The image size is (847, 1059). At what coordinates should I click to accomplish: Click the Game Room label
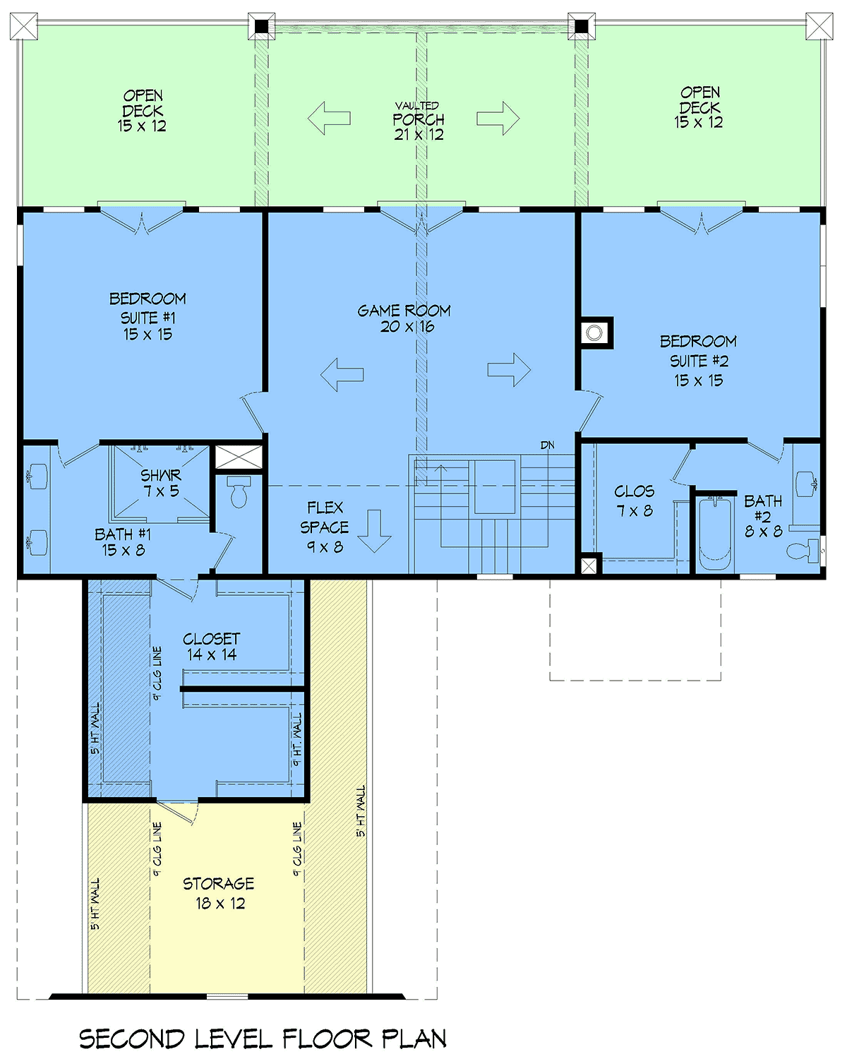pos(404,318)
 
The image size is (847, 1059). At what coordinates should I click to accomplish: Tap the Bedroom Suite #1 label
pos(148,316)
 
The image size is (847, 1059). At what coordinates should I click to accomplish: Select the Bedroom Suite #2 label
pos(698,361)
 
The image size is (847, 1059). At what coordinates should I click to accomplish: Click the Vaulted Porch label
pos(419,121)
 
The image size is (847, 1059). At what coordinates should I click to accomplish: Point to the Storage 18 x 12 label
pos(219,893)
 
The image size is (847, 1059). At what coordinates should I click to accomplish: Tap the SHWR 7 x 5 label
pos(161,483)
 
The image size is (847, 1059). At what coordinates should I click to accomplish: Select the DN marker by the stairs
pos(547,445)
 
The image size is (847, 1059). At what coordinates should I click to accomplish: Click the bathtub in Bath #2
pos(714,533)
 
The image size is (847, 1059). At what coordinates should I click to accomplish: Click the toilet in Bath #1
pos(239,491)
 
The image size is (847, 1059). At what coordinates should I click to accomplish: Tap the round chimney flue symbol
pos(594,333)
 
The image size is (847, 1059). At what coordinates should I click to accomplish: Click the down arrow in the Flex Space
pos(374,531)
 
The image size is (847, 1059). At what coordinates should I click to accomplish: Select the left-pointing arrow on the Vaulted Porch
pos(329,118)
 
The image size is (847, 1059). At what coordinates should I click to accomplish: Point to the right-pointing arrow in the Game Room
pos(509,369)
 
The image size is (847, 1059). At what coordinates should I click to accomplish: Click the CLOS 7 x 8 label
pos(635,501)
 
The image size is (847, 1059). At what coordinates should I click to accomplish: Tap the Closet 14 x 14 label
pos(212,647)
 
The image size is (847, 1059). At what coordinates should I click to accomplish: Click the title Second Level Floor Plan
pos(263,1039)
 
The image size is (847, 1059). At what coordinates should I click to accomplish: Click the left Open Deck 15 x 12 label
pos(143,111)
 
